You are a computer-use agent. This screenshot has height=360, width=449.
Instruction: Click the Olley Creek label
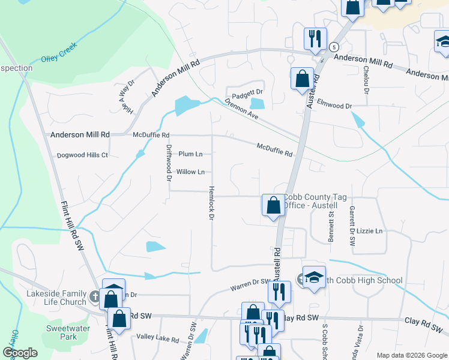[x=59, y=53]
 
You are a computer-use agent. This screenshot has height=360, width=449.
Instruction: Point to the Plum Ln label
[x=190, y=154]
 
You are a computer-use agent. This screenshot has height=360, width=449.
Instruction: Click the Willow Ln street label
[x=190, y=172]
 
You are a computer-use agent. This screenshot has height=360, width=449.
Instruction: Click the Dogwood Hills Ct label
[x=82, y=155]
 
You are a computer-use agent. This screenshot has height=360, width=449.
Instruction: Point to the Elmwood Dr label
[x=334, y=104]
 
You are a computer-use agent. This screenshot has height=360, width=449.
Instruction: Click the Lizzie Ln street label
[x=369, y=231]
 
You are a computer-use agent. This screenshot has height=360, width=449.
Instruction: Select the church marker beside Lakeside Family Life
[x=94, y=296]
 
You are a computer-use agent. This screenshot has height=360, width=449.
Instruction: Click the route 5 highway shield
[x=334, y=46]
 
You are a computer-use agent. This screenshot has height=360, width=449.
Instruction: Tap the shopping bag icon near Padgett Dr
[x=302, y=79]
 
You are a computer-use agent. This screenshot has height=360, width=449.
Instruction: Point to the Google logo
[x=20, y=353]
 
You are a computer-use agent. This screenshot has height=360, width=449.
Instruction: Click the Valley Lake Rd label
[x=158, y=340]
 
